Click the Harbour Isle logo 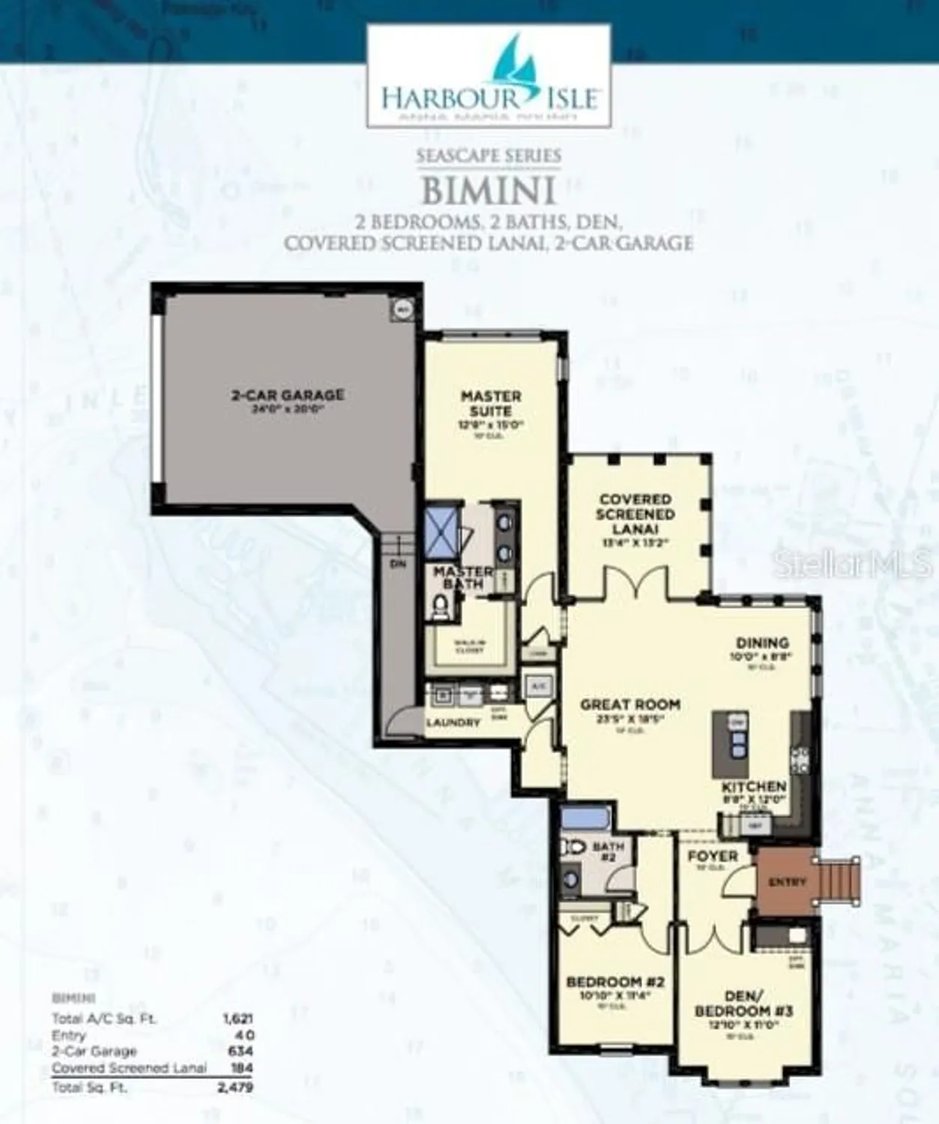coord(488,76)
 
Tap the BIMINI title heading coord(489,191)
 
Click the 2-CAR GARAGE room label coord(288,395)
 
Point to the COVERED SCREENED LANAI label coord(635,514)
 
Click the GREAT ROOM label coord(630,704)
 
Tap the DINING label coord(762,643)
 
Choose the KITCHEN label coord(754,787)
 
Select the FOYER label coord(713,856)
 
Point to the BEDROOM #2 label coord(615,982)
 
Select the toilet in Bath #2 coord(573,847)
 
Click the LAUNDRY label coord(453,723)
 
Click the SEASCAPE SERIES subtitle coord(489,156)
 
